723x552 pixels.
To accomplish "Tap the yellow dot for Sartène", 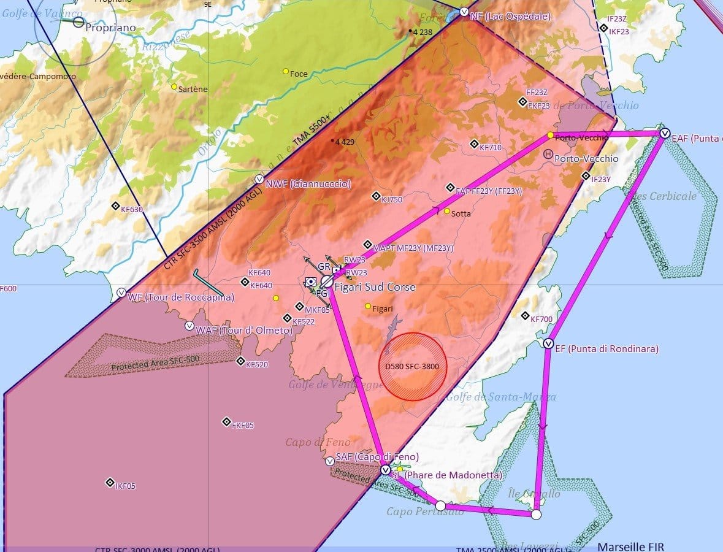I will [x=174, y=87].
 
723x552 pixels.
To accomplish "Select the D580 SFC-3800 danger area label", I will [x=413, y=366].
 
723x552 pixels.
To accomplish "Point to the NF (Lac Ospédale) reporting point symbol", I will [x=464, y=12].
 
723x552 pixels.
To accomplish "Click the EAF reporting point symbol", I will [x=664, y=133].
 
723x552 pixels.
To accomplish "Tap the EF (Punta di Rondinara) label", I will [x=606, y=349].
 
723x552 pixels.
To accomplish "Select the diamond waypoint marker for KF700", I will [x=525, y=315].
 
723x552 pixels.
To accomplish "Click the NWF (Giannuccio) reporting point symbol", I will [x=259, y=180].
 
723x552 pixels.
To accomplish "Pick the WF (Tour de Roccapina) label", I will [x=181, y=297].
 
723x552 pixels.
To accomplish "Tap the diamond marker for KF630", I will [x=115, y=206].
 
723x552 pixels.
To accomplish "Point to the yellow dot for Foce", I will [x=286, y=71].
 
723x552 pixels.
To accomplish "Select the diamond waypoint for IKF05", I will [x=110, y=482].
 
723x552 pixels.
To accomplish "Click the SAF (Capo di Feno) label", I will [x=377, y=457].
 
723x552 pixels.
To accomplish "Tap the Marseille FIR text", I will [x=630, y=546].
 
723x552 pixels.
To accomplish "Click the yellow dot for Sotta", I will [x=447, y=211].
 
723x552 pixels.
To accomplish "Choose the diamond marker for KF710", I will [x=474, y=144].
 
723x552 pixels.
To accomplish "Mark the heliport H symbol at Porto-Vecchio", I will [x=548, y=156].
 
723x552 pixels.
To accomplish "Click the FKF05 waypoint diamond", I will [x=226, y=421].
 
